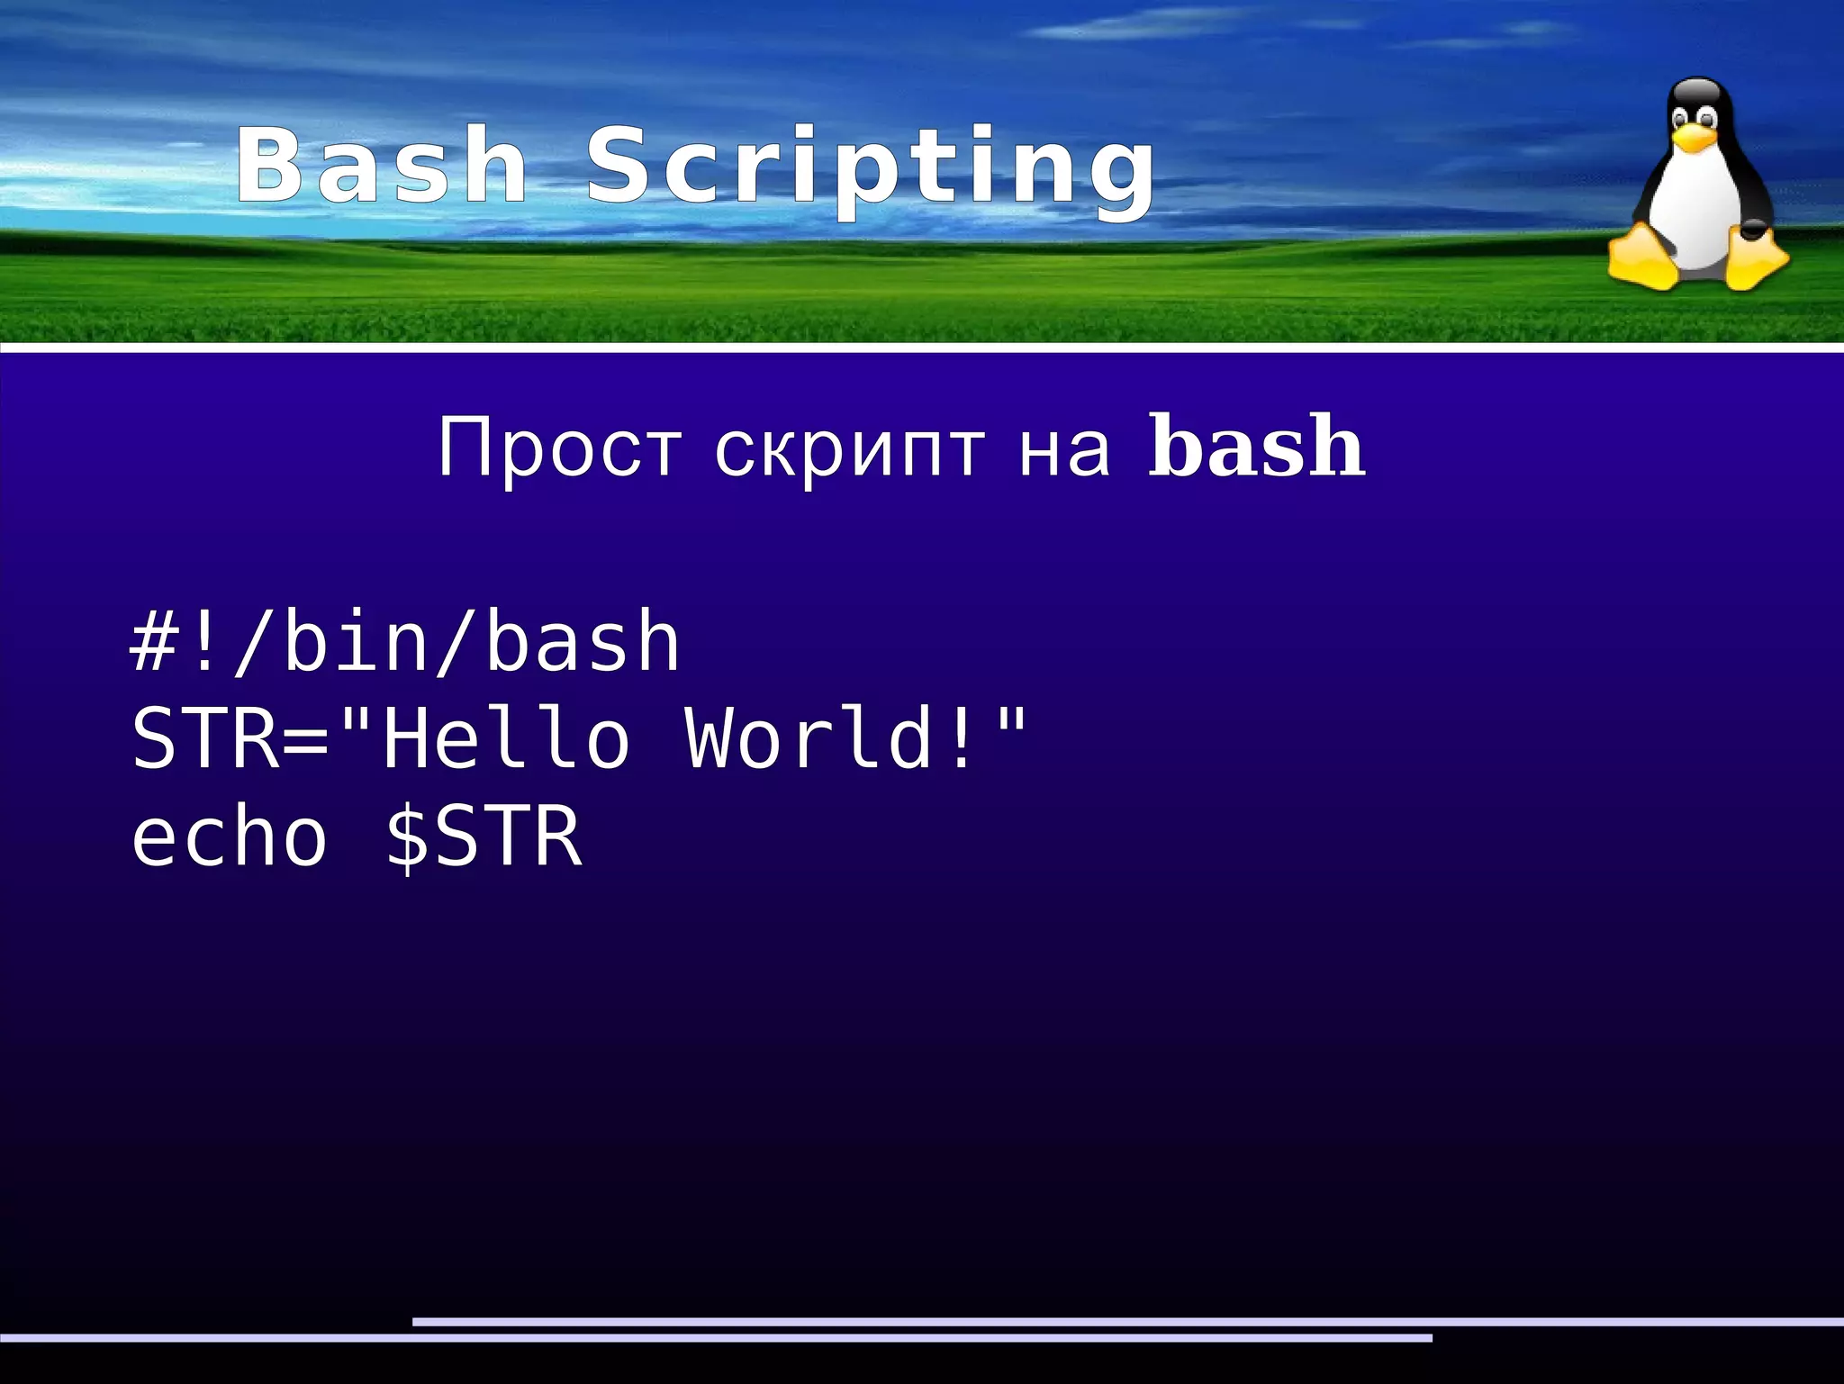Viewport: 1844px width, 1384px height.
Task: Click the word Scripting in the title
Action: (x=870, y=171)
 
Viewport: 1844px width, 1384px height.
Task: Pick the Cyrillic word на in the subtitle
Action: (x=1064, y=449)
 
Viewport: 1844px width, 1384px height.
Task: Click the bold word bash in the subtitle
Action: (x=1257, y=447)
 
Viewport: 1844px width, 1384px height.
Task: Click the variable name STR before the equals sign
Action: (x=206, y=738)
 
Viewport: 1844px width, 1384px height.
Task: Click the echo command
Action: (x=230, y=837)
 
